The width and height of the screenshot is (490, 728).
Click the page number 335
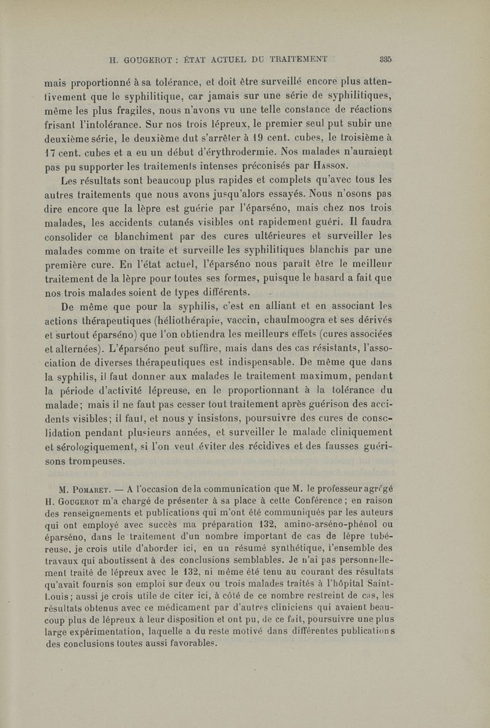click(x=385, y=60)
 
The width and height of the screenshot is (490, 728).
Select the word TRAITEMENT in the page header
click(x=297, y=60)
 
